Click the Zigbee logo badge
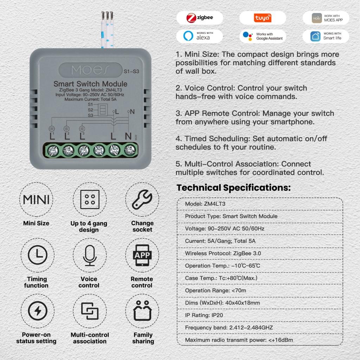tap(200, 18)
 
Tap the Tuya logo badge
tap(263, 18)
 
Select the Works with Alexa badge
tap(200, 36)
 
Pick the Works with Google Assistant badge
tap(263, 36)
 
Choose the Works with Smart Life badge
tap(326, 36)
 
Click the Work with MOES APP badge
tap(326, 18)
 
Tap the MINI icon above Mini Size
tap(36, 200)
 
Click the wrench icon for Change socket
tap(142, 200)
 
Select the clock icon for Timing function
tap(37, 255)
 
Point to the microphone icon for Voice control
tap(90, 255)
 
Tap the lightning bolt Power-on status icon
tap(37, 311)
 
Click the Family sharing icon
tap(142, 311)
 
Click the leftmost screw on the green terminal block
tap(53, 151)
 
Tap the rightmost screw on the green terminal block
tap(130, 150)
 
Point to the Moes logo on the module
tap(90, 70)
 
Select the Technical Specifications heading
tap(233, 188)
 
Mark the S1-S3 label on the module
tap(131, 71)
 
